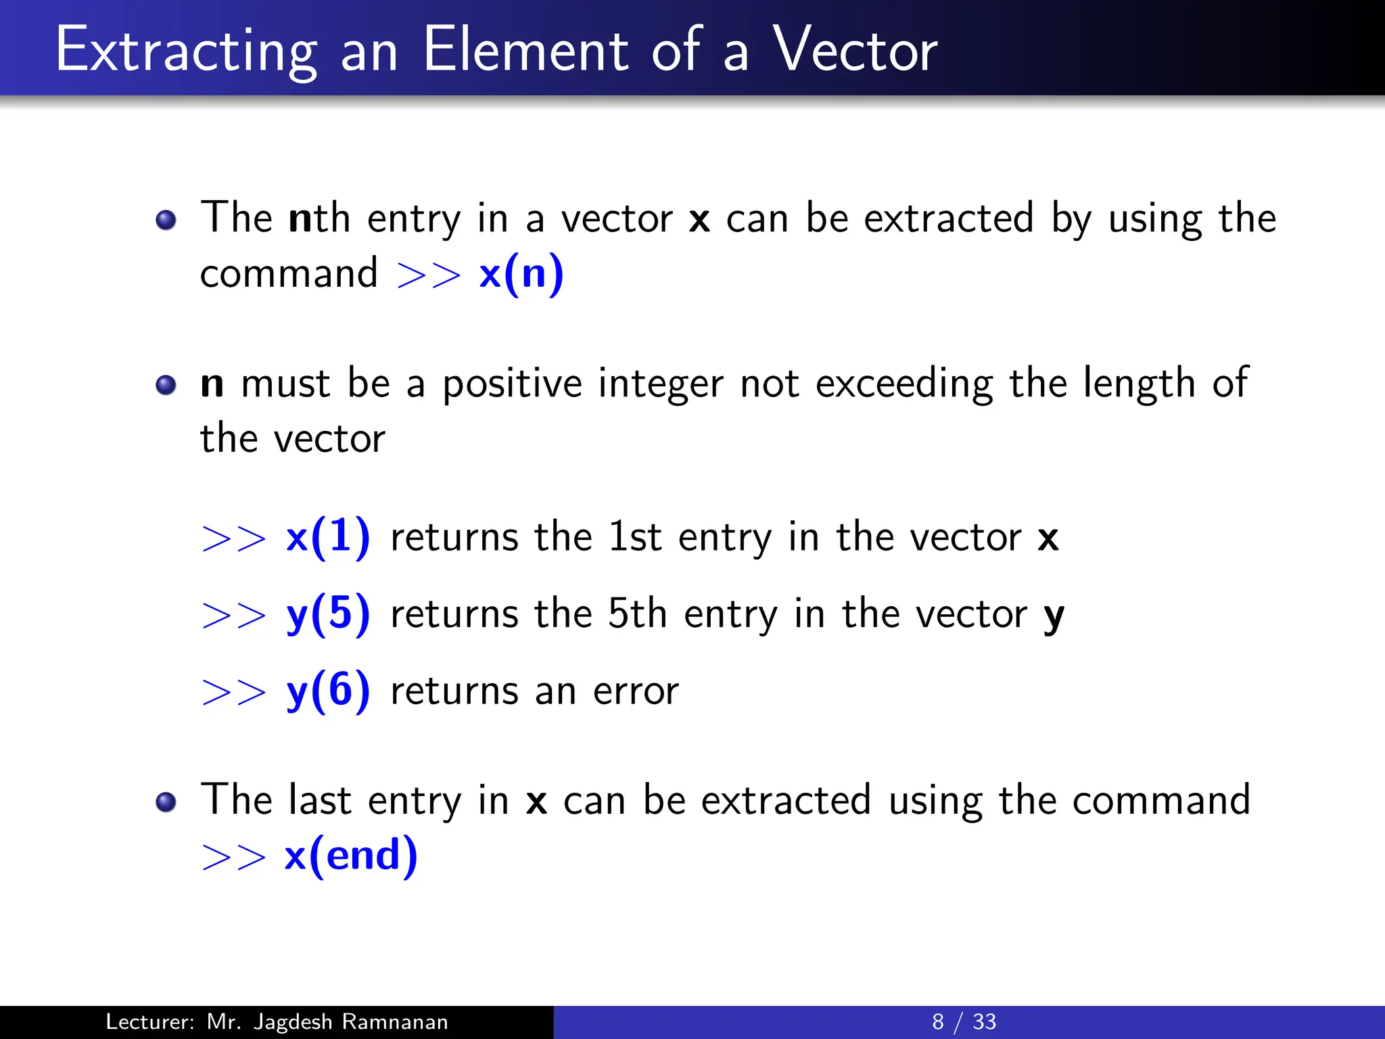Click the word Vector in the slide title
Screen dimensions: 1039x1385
click(855, 50)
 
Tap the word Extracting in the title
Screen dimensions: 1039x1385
click(186, 51)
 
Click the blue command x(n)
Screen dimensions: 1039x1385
click(521, 274)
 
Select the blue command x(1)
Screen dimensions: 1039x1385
click(328, 538)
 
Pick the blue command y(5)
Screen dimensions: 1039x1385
click(328, 614)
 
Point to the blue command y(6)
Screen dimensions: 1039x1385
click(328, 691)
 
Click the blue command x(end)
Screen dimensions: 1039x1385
click(350, 856)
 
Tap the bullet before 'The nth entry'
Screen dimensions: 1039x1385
click(166, 220)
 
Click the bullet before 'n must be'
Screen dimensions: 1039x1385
click(166, 386)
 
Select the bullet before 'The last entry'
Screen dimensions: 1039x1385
click(166, 802)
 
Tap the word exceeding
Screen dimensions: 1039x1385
click(904, 384)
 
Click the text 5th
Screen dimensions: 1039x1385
click(637, 614)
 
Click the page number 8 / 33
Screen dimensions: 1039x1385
click(964, 1021)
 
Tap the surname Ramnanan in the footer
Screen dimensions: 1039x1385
click(394, 1021)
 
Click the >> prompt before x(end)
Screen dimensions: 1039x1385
click(234, 857)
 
